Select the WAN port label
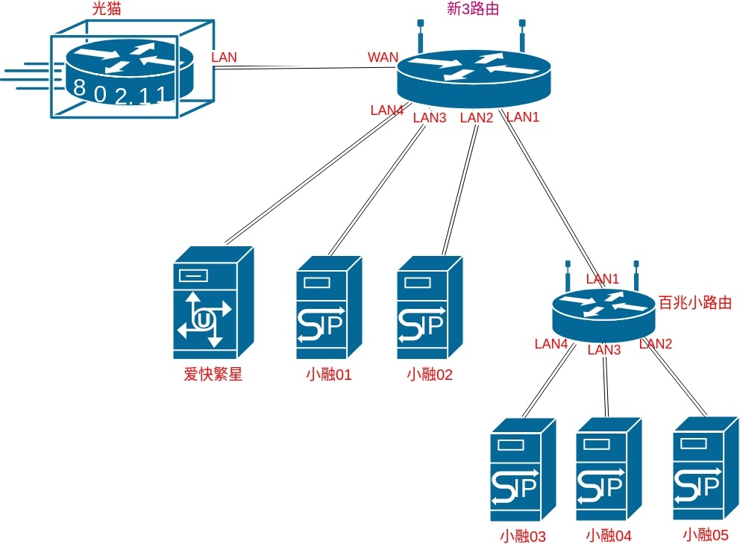(x=383, y=57)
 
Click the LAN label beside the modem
(x=224, y=57)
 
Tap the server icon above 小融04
(x=609, y=469)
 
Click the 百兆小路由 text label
(x=694, y=303)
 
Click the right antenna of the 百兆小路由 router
(x=636, y=275)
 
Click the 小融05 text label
(x=705, y=534)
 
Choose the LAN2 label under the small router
(x=656, y=344)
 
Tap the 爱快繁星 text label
(x=213, y=375)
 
